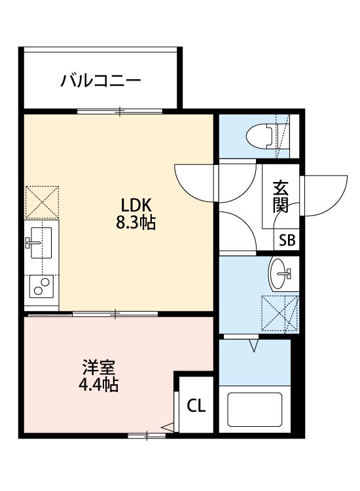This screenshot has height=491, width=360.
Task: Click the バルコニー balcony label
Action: pos(101,82)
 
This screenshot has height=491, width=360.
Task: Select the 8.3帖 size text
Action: pos(135,223)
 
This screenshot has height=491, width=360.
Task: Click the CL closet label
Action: pos(196,406)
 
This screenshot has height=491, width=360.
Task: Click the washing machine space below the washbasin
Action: pos(280,313)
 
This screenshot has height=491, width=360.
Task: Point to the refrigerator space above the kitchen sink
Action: pos(42,202)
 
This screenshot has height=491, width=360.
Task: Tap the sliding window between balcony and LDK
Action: pos(120,111)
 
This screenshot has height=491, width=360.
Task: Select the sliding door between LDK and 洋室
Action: pos(115,315)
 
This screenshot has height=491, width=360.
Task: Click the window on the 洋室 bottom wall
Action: pos(147,435)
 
